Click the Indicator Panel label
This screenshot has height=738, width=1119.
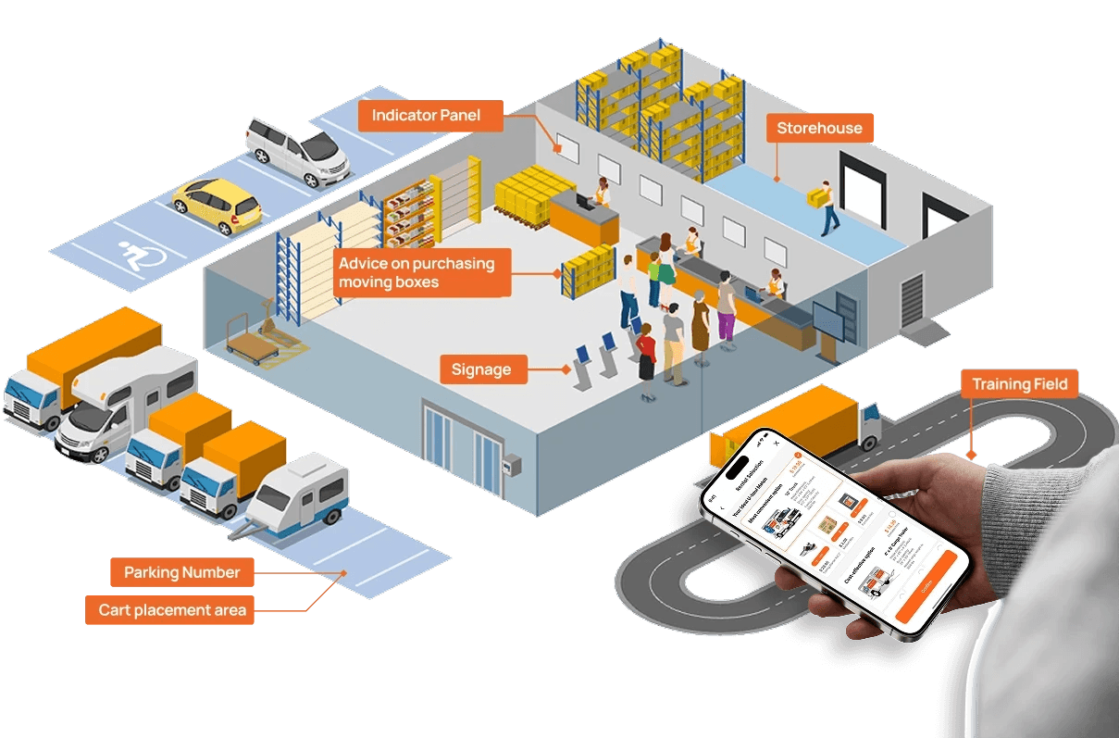pos(431,116)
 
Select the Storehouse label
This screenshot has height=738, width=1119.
pos(819,128)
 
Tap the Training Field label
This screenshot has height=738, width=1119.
pos(1019,383)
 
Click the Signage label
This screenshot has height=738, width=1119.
pos(480,369)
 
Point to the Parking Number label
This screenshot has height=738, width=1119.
pos(181,572)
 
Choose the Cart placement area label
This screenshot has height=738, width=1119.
pos(173,609)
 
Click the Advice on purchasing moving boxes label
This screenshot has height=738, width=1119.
pos(416,271)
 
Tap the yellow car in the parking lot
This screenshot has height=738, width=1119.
pos(218,205)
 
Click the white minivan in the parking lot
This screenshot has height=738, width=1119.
pos(297,151)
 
